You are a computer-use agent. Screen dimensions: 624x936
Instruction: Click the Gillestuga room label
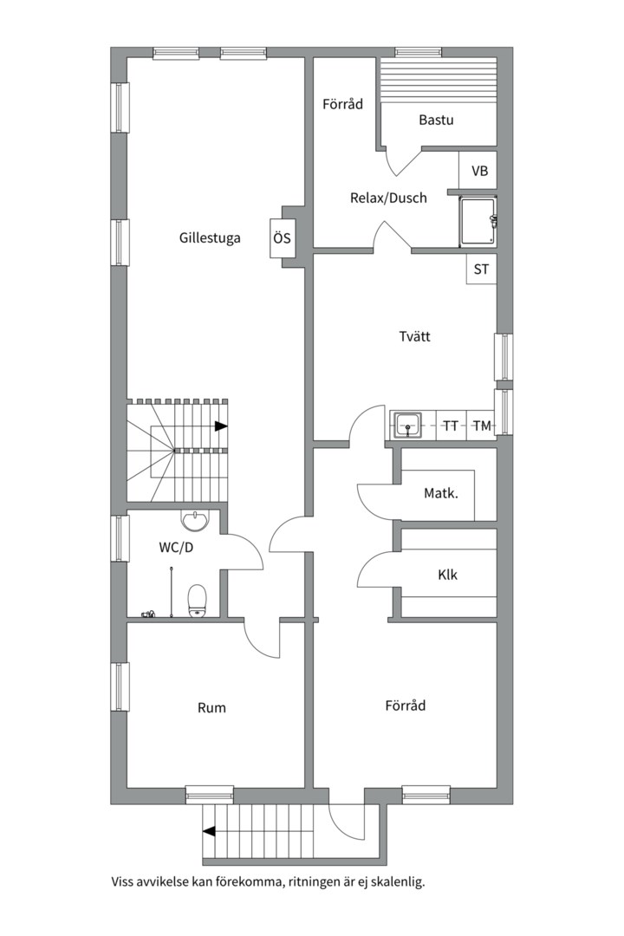tap(210, 238)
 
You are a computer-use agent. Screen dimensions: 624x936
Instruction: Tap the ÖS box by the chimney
tap(282, 238)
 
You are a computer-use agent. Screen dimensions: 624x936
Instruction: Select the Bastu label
tap(436, 120)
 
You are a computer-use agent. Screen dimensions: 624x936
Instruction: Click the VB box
tap(479, 171)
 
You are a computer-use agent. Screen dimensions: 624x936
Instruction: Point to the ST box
tap(481, 270)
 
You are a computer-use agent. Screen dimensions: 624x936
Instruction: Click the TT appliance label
tap(451, 426)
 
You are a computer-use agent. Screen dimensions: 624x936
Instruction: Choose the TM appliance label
tap(482, 426)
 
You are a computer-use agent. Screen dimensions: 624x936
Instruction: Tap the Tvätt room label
tap(414, 336)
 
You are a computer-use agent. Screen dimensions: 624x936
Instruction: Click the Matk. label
tap(440, 494)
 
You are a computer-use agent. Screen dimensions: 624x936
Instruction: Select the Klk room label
tap(447, 575)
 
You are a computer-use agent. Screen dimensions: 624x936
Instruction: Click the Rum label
tap(211, 708)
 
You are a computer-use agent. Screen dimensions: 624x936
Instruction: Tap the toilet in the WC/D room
tap(197, 601)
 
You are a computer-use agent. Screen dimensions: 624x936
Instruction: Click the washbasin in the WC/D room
tap(196, 520)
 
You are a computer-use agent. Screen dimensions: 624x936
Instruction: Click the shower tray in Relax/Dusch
tap(477, 222)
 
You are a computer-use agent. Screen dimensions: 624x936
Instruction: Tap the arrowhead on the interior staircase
tap(221, 426)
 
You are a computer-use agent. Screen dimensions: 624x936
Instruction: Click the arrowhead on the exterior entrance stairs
tap(209, 831)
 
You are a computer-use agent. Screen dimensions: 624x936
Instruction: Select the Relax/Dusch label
tap(388, 198)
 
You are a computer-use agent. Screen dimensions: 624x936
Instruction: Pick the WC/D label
tap(176, 548)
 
